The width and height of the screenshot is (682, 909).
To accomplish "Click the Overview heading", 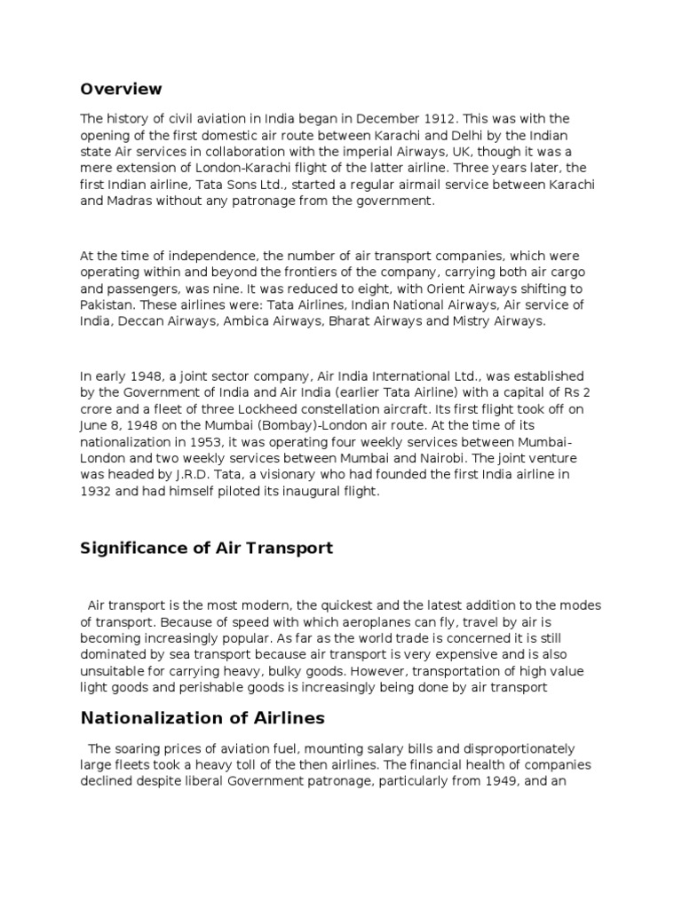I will click(121, 89).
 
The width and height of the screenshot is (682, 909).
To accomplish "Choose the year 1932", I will click(98, 492).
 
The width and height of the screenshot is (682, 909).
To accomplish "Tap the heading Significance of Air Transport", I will click(206, 548).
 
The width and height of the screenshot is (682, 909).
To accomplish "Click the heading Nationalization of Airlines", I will click(202, 717).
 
